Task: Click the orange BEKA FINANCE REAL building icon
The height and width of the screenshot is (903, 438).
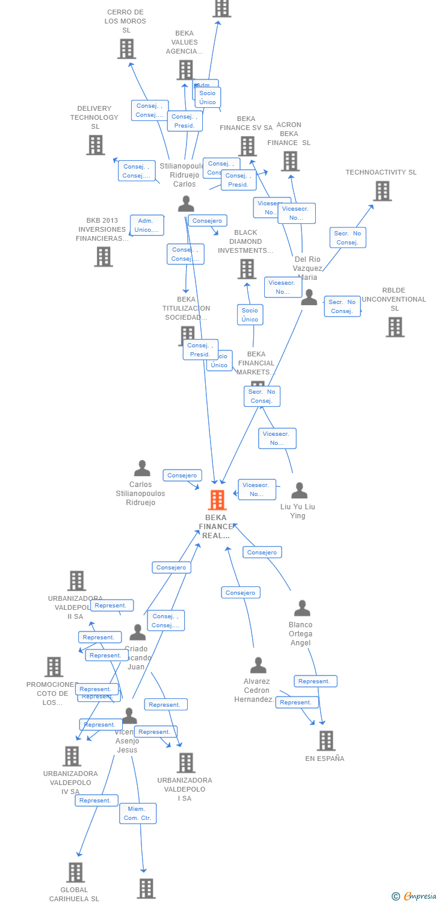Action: (x=217, y=500)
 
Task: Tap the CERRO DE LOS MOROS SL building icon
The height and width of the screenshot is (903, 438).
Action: (x=126, y=49)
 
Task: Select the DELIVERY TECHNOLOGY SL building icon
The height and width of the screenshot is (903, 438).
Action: (x=95, y=145)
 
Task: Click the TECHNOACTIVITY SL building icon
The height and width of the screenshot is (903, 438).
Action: (x=382, y=191)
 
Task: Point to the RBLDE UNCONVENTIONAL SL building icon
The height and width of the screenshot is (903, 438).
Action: (x=395, y=327)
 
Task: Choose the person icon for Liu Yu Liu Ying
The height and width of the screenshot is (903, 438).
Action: (x=299, y=491)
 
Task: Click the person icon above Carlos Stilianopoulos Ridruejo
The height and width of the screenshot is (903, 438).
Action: (x=142, y=468)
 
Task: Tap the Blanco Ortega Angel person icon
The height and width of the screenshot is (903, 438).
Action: (x=301, y=608)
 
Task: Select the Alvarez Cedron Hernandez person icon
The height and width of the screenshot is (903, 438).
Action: (x=258, y=665)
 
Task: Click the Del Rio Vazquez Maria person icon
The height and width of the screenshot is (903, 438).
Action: (x=309, y=297)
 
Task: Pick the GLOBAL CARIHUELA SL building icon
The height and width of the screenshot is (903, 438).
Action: (x=75, y=872)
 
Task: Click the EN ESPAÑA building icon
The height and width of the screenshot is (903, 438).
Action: (x=326, y=740)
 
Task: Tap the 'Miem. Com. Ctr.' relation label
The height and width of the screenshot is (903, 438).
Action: (x=138, y=813)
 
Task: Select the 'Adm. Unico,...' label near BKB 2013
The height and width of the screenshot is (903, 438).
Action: (x=147, y=225)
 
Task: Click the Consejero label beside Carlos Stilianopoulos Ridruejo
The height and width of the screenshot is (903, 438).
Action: (x=182, y=476)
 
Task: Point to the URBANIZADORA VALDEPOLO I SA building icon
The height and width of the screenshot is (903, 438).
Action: (x=186, y=763)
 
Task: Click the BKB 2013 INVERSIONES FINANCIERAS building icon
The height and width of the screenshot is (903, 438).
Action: (x=103, y=256)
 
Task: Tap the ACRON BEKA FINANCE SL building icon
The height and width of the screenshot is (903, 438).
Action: (x=290, y=161)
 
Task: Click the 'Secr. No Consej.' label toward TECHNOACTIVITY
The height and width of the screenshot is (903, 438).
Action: (x=348, y=238)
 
